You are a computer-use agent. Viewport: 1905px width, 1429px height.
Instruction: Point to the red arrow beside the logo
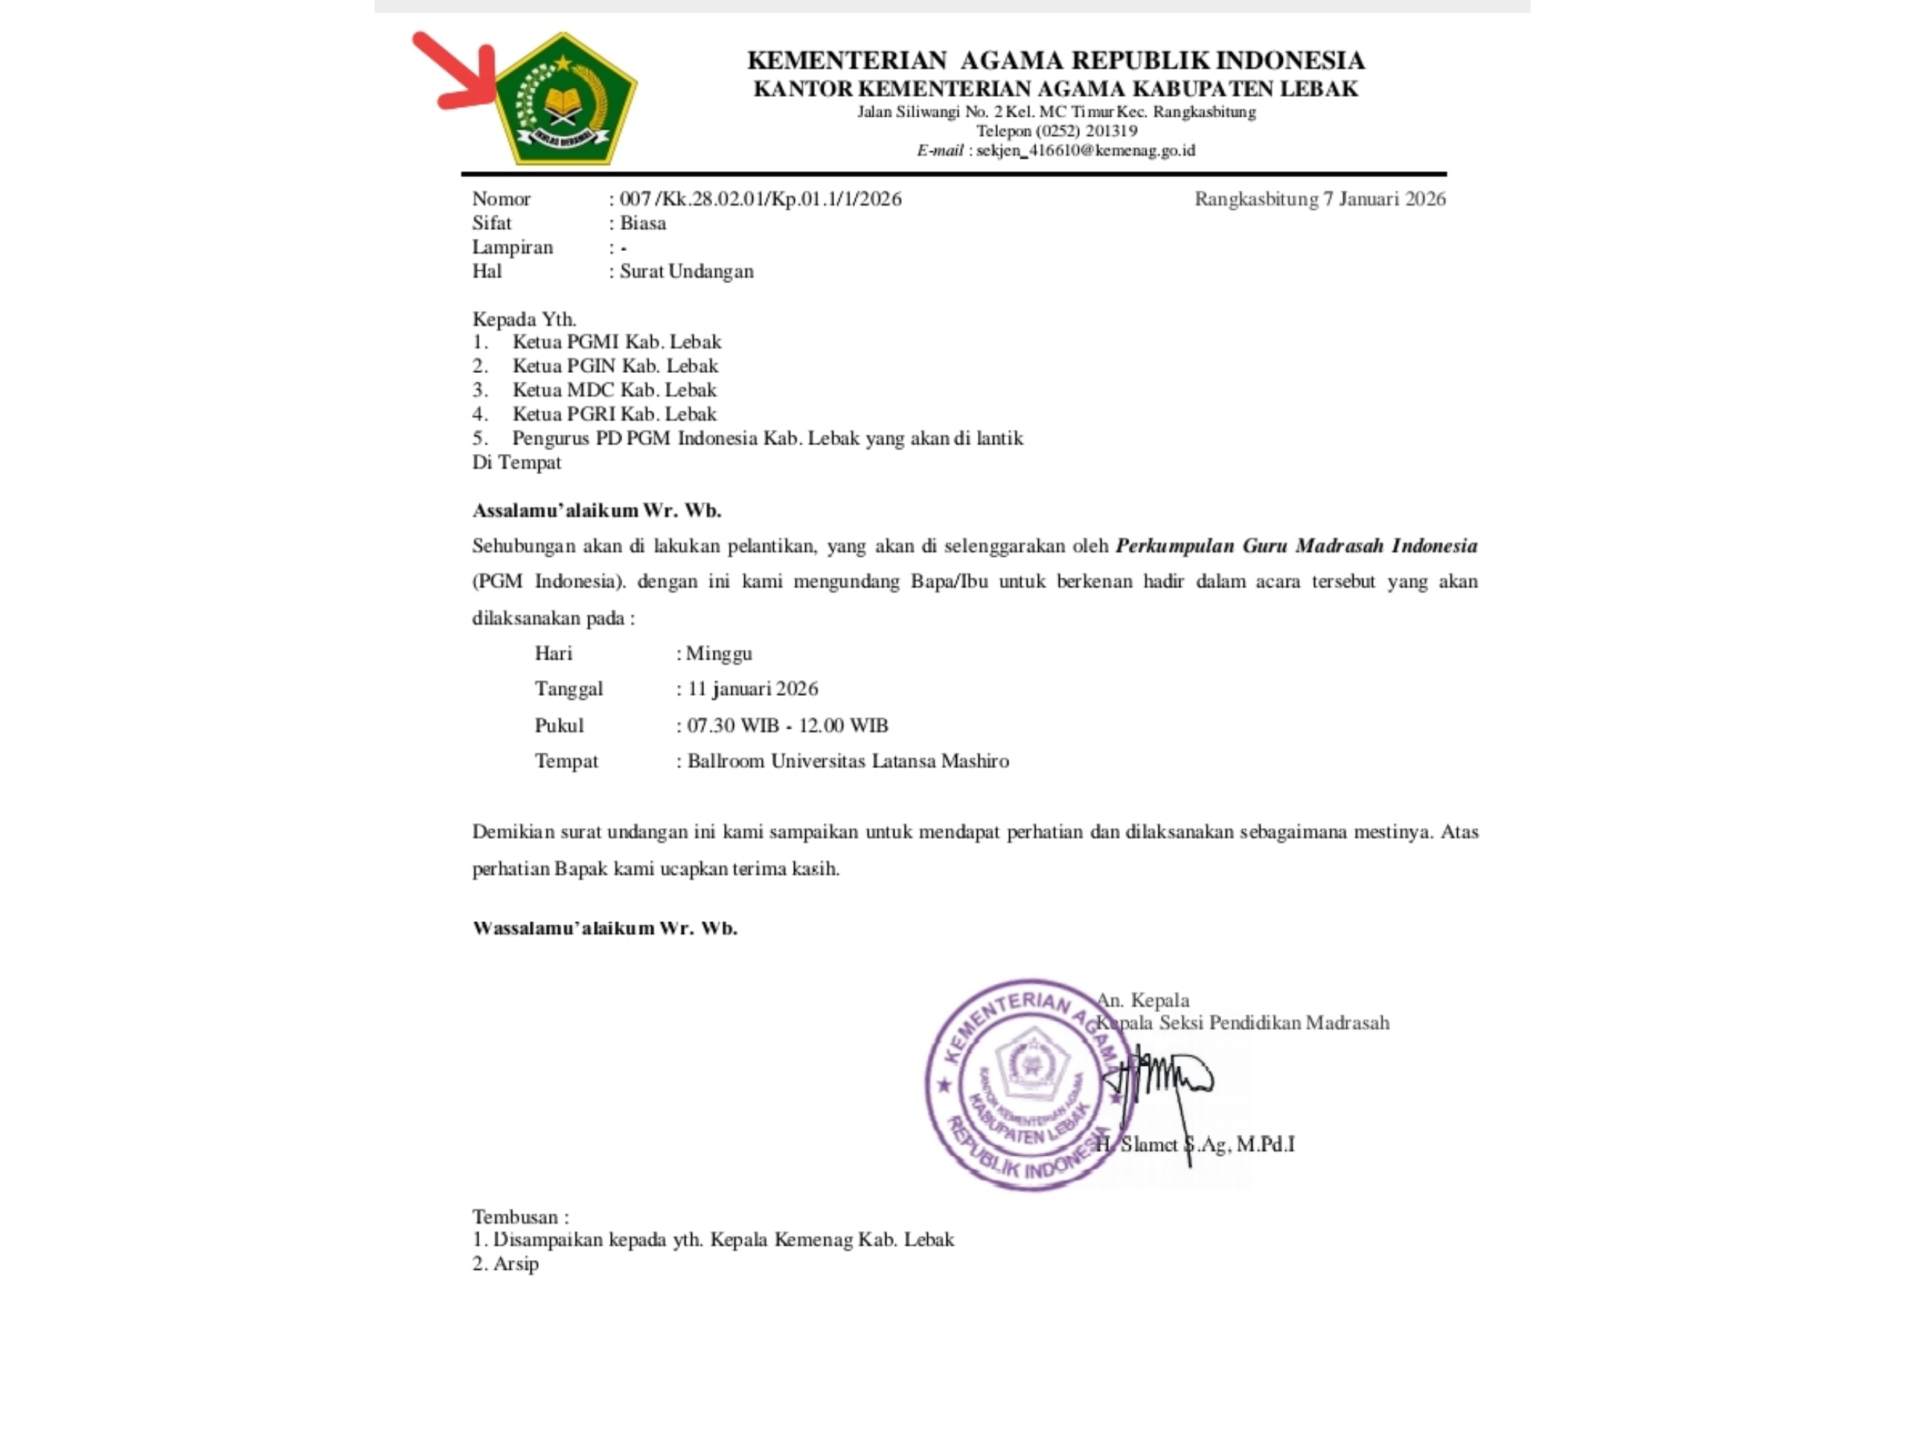[x=456, y=73]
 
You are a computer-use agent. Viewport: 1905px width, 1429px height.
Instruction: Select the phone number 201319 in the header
[x=1111, y=131]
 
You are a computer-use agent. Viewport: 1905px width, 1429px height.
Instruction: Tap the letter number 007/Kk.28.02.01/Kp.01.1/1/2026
[x=760, y=199]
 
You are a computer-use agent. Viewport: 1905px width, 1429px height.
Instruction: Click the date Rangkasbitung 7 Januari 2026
[x=1319, y=199]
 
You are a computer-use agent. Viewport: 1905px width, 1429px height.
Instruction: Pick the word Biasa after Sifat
[x=642, y=223]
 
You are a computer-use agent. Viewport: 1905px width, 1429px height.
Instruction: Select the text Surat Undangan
[x=686, y=272]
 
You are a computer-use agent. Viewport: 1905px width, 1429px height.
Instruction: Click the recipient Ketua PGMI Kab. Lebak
[x=617, y=342]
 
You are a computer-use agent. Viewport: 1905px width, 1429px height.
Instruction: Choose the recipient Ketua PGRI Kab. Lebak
[x=614, y=415]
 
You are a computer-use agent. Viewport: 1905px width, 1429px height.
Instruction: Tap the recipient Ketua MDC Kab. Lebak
[x=614, y=390]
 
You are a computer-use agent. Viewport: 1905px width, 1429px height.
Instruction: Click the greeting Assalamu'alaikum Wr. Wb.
[x=597, y=511]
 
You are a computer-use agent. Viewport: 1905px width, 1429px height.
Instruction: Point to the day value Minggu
[x=719, y=653]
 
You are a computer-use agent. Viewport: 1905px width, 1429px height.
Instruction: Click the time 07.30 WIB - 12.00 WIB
[x=787, y=725]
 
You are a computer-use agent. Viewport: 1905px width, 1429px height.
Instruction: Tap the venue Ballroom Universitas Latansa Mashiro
[x=848, y=761]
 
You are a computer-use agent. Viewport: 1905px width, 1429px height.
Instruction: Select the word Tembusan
[x=515, y=1217]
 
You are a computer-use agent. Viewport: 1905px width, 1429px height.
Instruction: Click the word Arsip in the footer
[x=516, y=1265]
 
